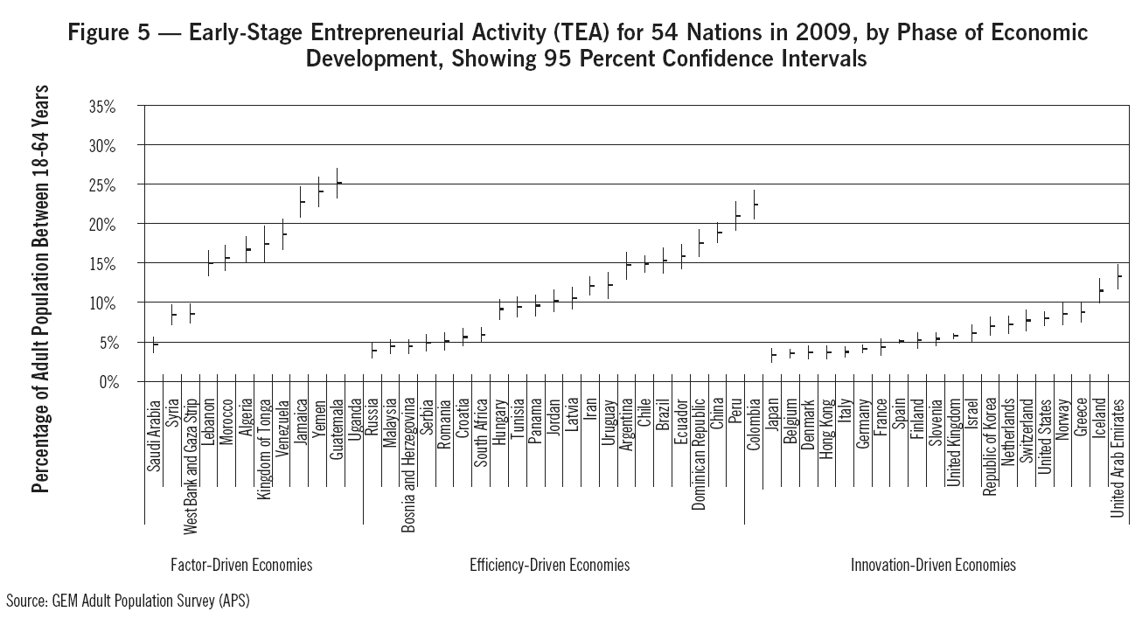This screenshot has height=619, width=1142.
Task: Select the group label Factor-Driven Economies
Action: click(x=241, y=565)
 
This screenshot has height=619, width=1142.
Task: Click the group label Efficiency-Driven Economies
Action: click(x=549, y=565)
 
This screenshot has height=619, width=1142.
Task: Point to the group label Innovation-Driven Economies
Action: click(x=933, y=565)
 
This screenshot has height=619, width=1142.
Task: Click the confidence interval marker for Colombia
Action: click(x=754, y=204)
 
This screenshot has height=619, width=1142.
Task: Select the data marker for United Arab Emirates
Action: click(x=1118, y=276)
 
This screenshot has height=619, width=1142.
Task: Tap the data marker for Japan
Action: click(x=772, y=354)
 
